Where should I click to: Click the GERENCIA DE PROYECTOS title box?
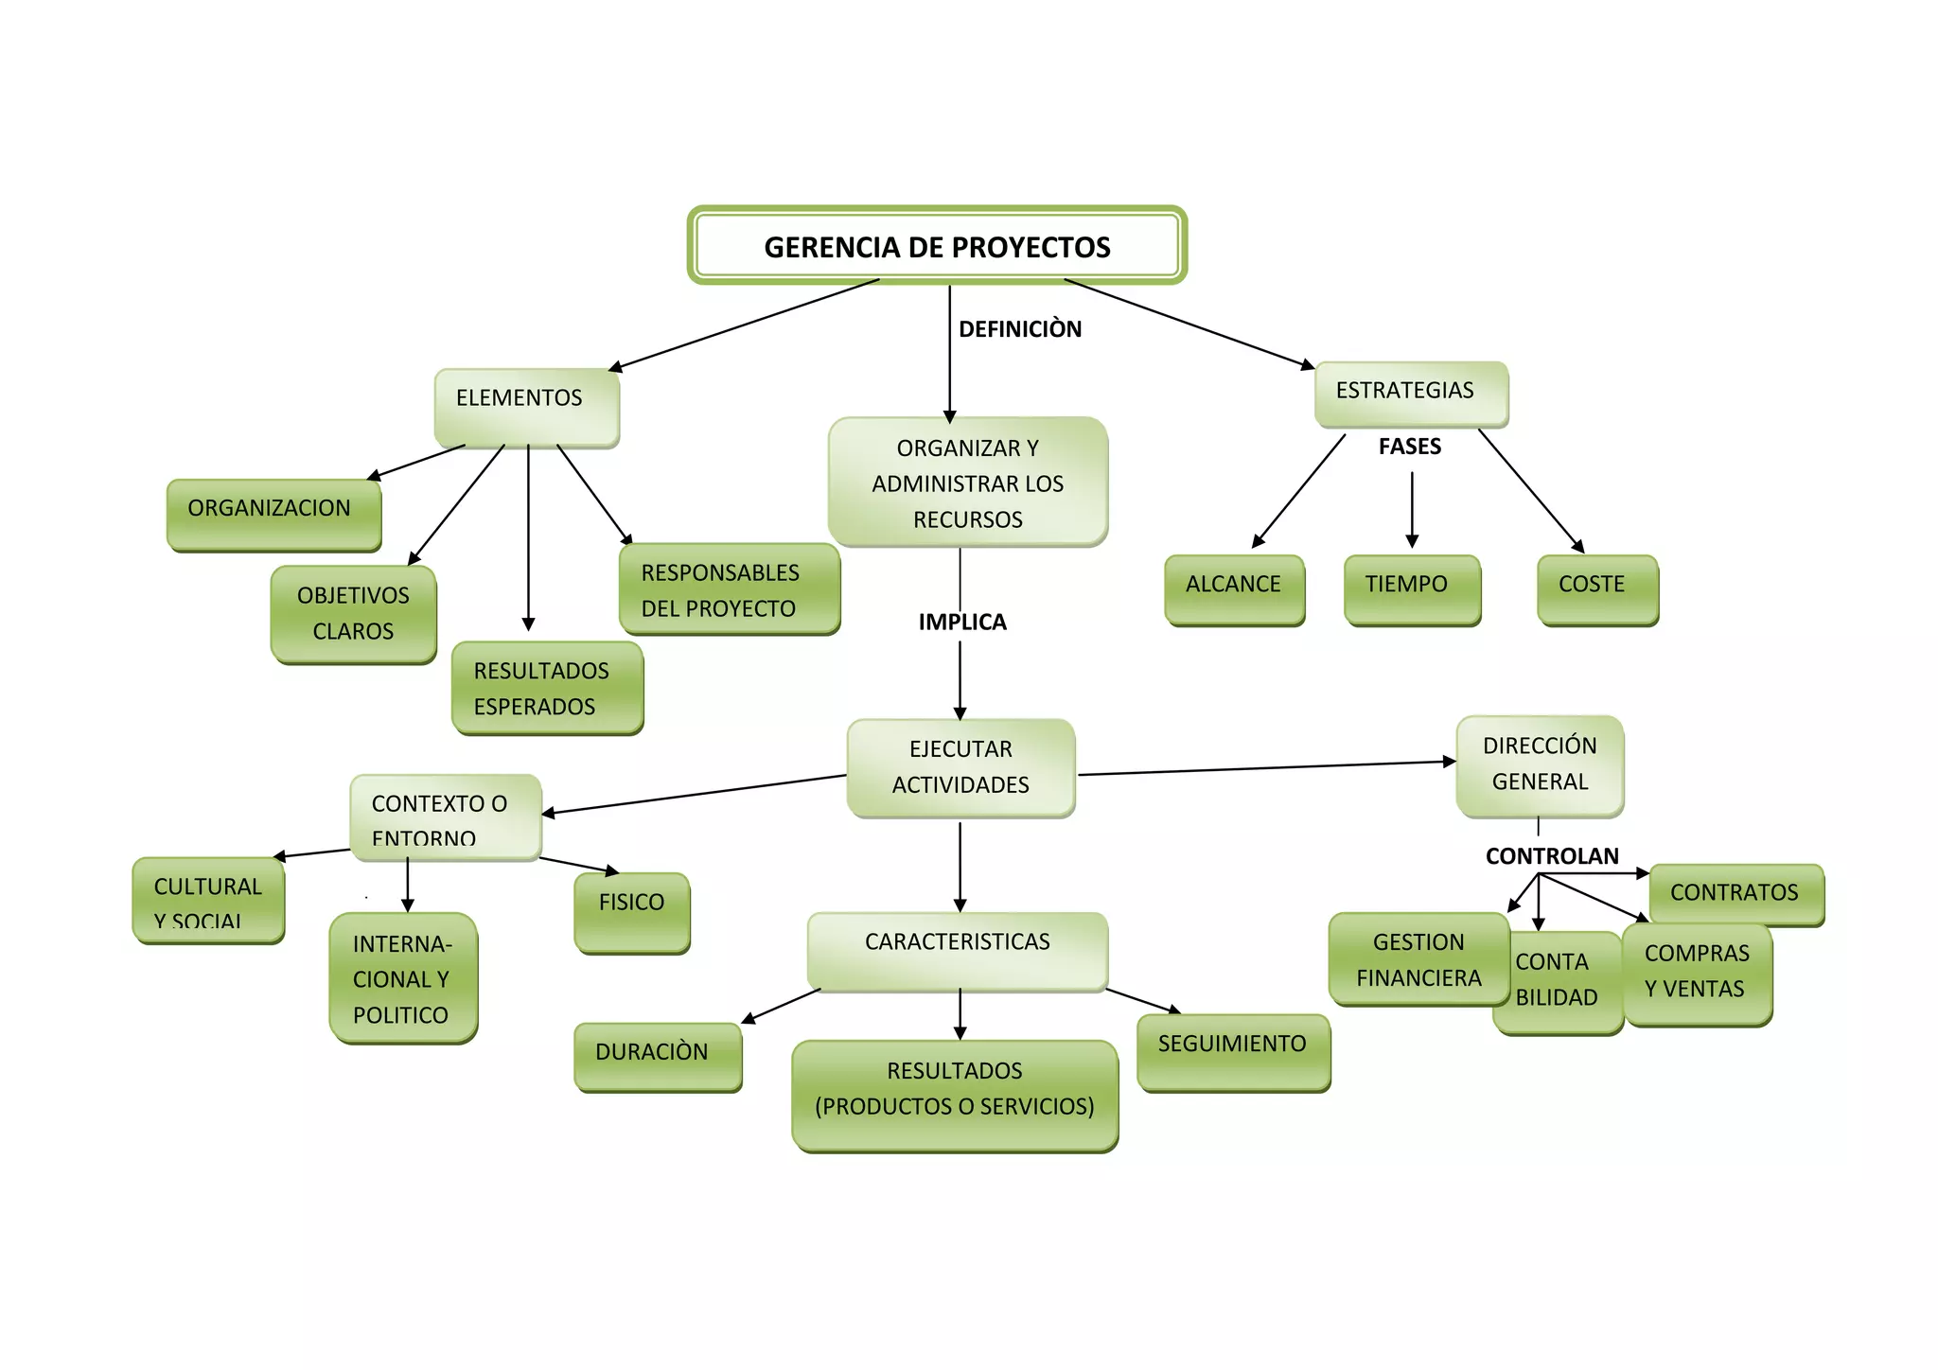pos(937,246)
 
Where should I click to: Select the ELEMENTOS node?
pos(526,405)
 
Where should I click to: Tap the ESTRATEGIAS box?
pos(1410,393)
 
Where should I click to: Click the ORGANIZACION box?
pos(273,513)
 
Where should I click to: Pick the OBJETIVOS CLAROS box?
pos(353,613)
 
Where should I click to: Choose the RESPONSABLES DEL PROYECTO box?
pos(729,588)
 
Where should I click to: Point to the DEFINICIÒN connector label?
pos(1019,329)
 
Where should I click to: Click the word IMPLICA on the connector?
pos(961,622)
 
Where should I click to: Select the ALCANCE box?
pos(1234,588)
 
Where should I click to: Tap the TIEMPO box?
pos(1411,588)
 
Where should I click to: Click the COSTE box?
pos(1596,588)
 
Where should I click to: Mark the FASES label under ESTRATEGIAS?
pos(1409,447)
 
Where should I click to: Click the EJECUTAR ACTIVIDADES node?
pos(960,767)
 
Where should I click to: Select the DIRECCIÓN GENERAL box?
pos(1540,764)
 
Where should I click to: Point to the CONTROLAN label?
pos(1552,856)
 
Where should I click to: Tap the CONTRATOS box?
pos(1735,893)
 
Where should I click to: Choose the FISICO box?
pos(632,910)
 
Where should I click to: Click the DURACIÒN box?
pos(657,1055)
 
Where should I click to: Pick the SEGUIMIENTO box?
pos(1233,1050)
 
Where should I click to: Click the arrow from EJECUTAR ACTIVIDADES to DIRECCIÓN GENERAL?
pos(1268,768)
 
